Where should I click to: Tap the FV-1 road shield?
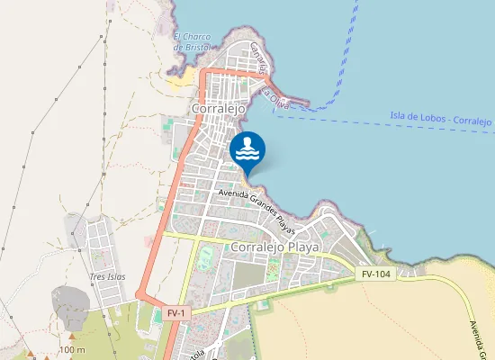point(176,312)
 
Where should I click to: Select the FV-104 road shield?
point(376,273)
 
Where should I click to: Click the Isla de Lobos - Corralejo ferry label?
point(441,117)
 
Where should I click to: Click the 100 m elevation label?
point(72,349)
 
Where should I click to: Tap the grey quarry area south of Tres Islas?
point(68,304)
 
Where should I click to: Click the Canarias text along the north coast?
point(260,58)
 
